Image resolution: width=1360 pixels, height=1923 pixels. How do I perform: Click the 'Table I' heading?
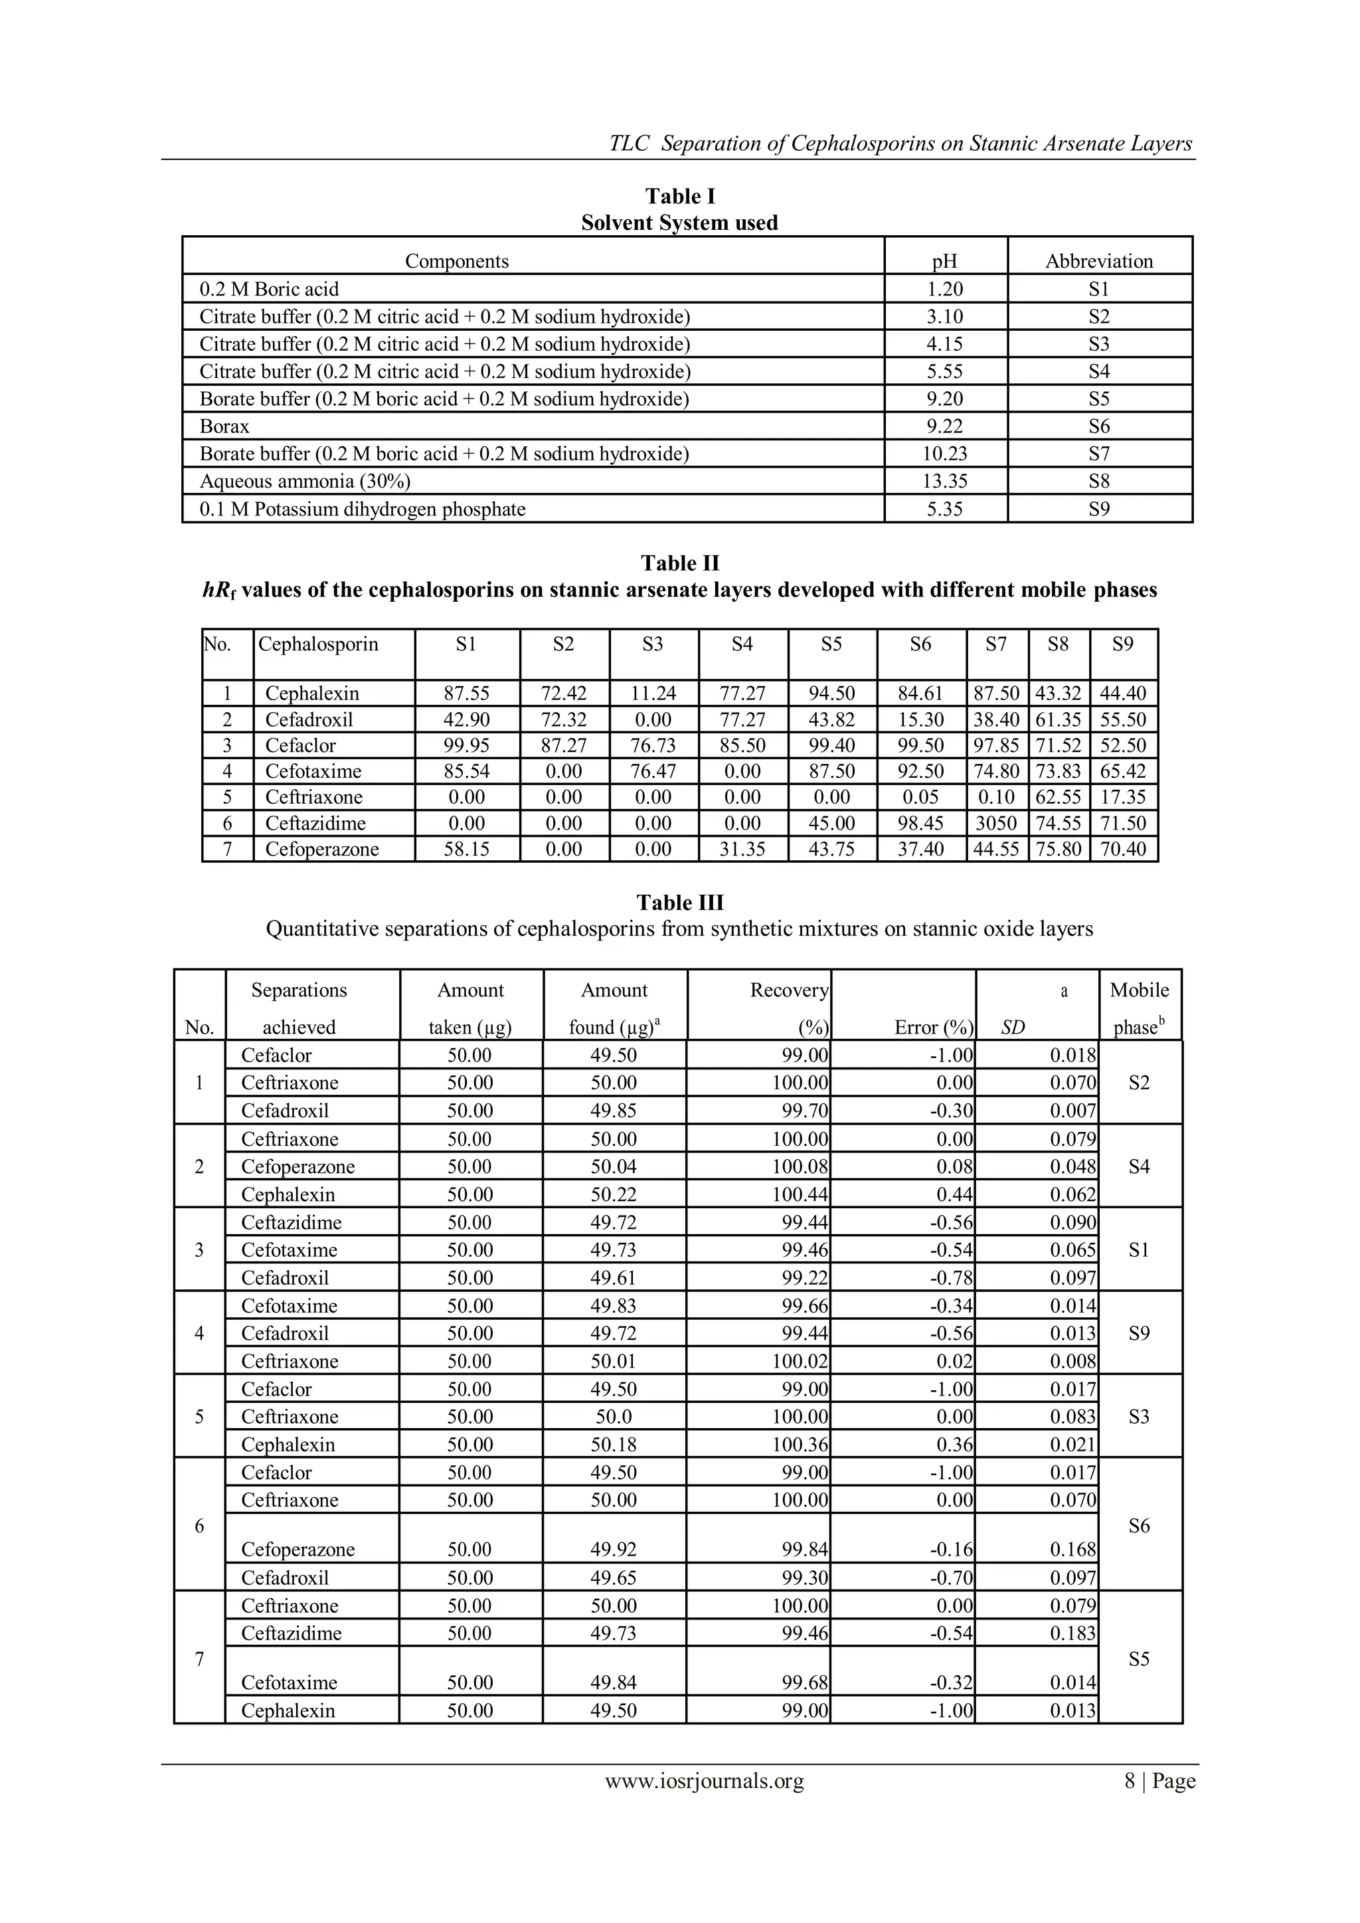tap(679, 196)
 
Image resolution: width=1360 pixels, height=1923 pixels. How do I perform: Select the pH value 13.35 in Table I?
tap(945, 482)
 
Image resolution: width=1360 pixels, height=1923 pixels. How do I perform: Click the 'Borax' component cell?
tap(224, 426)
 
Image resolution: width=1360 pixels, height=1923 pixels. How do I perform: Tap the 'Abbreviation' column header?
tap(1099, 261)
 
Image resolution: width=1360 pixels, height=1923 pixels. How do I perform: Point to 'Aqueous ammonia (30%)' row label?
tap(305, 482)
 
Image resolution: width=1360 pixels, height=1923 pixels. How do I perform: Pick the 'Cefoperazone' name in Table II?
tap(321, 850)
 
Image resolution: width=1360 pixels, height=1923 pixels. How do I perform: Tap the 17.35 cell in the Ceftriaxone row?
tap(1123, 797)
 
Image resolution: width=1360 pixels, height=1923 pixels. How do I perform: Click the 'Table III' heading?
tap(679, 903)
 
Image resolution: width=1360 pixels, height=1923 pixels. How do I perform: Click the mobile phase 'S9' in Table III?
tap(1139, 1333)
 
